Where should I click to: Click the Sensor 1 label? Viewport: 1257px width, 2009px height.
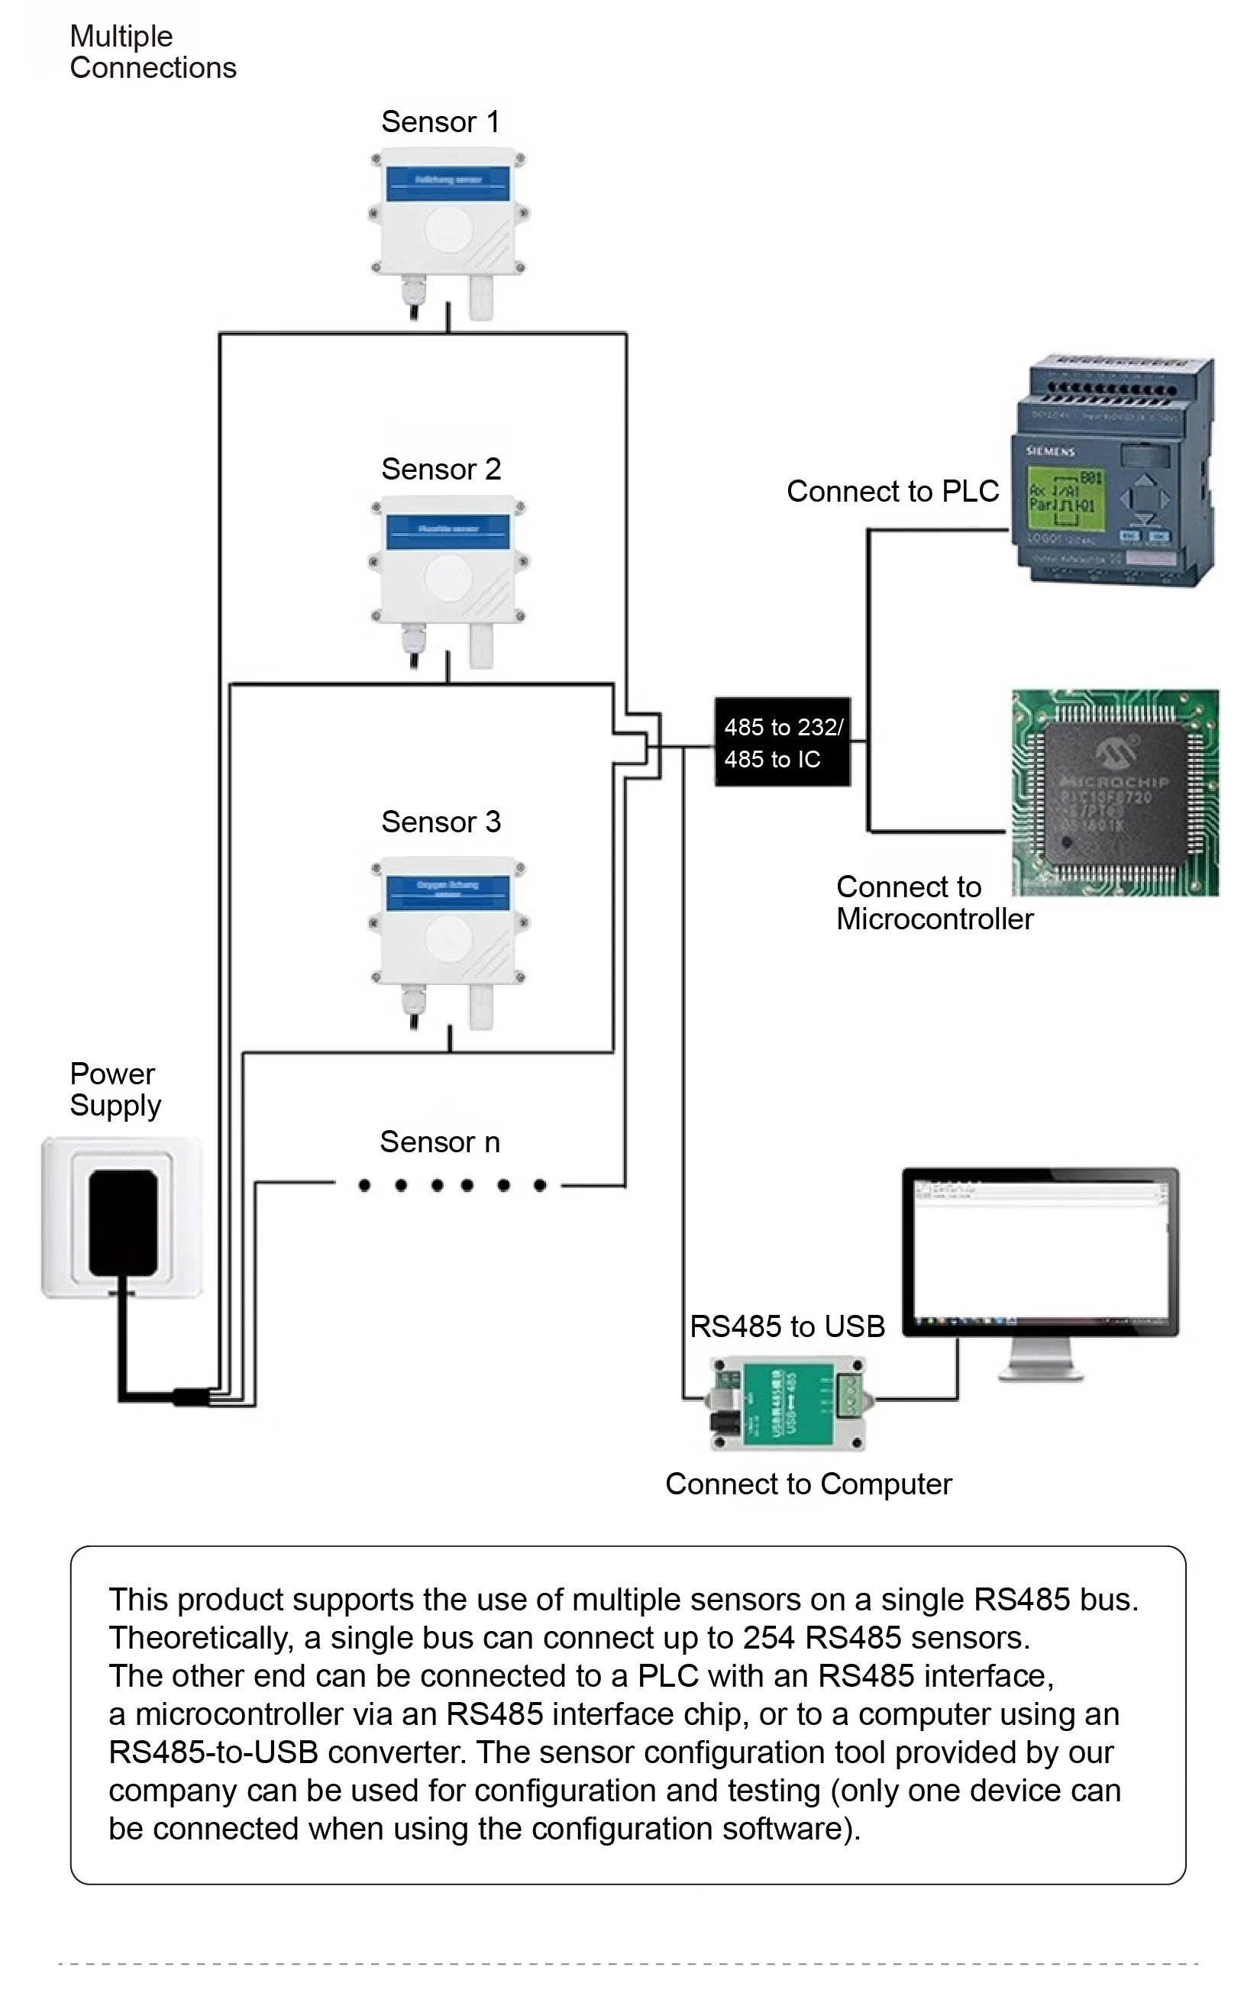coord(440,122)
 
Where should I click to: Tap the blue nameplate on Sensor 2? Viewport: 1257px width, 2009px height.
coord(448,530)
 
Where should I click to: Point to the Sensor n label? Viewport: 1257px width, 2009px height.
coord(440,1142)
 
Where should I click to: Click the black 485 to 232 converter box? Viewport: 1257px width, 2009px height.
coord(782,742)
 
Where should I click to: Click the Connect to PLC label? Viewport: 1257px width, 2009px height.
coord(892,491)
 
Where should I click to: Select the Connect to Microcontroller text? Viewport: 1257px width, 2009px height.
coord(934,903)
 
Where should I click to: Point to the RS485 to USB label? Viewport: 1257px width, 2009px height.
coord(787,1326)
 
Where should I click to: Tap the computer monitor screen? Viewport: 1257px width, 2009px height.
coord(1040,1247)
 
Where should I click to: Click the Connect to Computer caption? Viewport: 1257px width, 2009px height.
coord(808,1484)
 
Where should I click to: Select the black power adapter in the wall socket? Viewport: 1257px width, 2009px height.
coord(123,1222)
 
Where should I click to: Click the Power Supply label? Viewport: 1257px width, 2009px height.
coord(115,1090)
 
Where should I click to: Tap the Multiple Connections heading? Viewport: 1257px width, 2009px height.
coord(152,51)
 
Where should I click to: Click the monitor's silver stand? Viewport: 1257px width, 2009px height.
coord(1040,1361)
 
